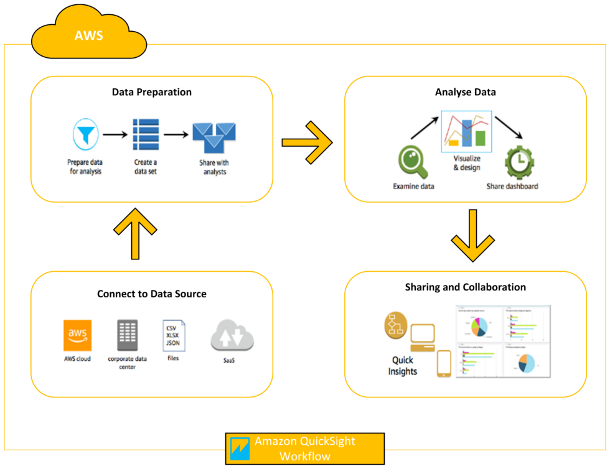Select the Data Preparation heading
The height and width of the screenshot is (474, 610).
(151, 92)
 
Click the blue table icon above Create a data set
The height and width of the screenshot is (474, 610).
(146, 134)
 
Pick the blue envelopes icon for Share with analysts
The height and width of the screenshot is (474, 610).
(213, 137)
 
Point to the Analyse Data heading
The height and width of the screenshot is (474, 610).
(465, 92)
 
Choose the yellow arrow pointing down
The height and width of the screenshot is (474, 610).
(472, 236)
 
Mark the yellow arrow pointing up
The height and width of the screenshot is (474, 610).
(135, 235)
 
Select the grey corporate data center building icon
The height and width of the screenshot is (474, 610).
(127, 335)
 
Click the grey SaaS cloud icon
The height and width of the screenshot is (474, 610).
(232, 337)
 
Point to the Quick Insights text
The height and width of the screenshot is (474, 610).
(403, 366)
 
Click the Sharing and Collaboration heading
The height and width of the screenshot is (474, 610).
(465, 287)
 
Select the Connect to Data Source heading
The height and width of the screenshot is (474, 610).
(151, 294)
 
